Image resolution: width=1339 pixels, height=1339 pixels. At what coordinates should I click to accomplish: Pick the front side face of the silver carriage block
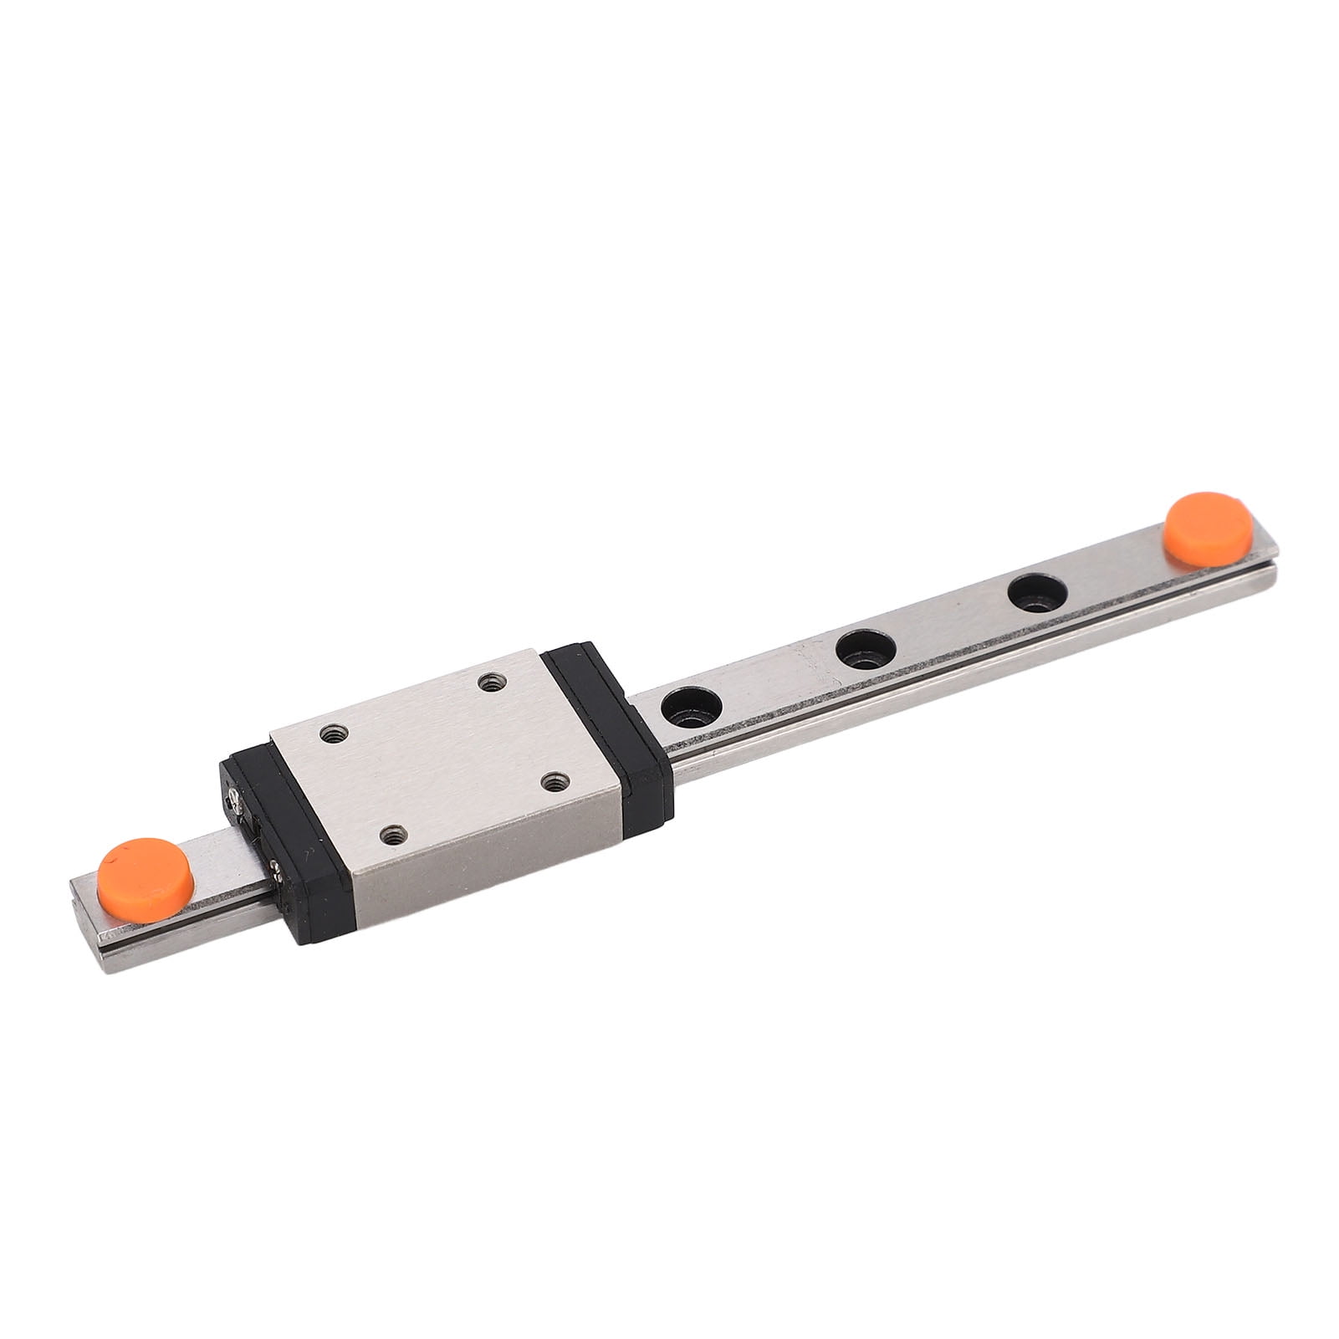(x=493, y=845)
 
